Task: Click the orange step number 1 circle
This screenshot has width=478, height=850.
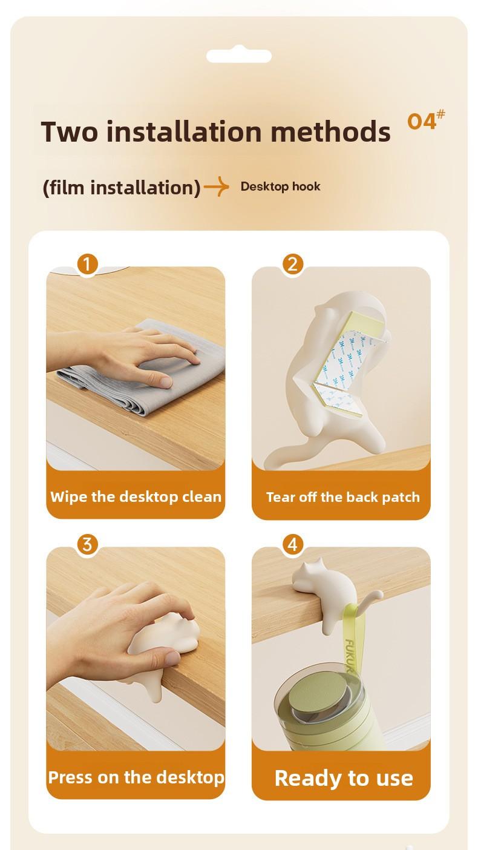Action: point(87,264)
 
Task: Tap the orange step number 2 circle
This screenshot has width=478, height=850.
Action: point(292,264)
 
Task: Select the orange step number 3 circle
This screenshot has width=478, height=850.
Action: point(87,544)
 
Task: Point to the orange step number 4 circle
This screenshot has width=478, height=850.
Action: point(292,544)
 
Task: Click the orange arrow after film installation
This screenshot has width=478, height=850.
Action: point(217,186)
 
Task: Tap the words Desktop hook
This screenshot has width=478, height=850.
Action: point(280,186)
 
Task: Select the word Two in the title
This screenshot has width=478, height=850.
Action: point(70,131)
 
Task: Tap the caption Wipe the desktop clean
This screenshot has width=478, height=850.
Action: point(136,496)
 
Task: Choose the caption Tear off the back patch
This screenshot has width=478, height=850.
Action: point(343,496)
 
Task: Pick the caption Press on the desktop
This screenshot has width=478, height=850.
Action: point(136,777)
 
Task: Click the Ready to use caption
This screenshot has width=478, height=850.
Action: point(344,779)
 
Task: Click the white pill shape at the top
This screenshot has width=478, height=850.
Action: point(239,56)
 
